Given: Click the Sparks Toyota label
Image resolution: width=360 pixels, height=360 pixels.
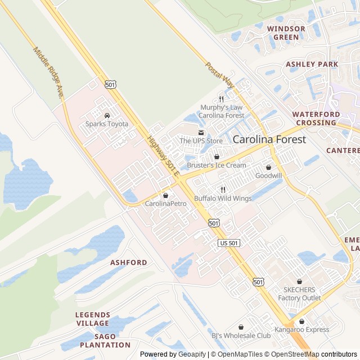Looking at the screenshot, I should coord(107,124).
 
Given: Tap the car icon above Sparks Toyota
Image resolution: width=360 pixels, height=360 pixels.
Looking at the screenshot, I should coord(107,115).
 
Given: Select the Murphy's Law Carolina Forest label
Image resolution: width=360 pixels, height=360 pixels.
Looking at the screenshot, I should coord(222,111).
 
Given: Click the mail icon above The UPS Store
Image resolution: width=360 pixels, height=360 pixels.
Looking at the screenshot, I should coord(201,133).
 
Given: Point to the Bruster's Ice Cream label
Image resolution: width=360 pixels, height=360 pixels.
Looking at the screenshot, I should coord(217,165).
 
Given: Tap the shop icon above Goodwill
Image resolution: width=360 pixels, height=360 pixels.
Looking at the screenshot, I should coord(268,167).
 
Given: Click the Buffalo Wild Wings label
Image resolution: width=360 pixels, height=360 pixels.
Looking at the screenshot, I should coord(223,199).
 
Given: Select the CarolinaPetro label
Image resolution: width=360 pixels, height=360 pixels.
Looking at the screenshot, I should coord(165,203).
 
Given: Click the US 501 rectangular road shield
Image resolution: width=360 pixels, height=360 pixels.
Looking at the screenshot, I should coord(229,242).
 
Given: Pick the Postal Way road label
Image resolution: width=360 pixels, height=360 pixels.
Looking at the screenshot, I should coord(219,75).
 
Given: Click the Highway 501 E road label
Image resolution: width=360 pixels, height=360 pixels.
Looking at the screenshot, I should coord(163,155).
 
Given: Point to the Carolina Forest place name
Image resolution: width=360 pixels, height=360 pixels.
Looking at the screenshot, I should coord(269,139).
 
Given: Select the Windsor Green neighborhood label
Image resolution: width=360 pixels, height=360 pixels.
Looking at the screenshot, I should coord(286,33).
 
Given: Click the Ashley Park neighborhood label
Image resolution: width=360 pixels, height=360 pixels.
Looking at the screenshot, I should coord(312,64).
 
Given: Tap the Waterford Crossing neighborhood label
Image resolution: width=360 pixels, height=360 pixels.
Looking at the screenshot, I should coord(316,118).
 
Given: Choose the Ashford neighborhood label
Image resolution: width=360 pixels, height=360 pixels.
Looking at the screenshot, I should coord(129,263).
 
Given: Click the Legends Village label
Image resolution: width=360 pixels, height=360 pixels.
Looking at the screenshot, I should coord(93,318).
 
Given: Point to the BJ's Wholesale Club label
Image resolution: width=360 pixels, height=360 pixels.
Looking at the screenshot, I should coord(241,336).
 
